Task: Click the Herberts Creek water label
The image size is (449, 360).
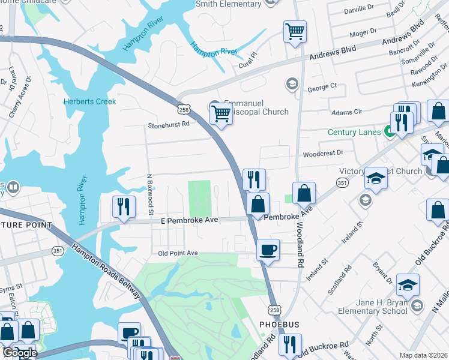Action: (x=90, y=101)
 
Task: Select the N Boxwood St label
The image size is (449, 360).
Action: (x=151, y=195)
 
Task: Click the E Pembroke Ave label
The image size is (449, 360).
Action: (x=189, y=220)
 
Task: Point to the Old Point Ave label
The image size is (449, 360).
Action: (x=178, y=253)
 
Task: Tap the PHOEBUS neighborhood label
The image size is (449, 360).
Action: (x=279, y=324)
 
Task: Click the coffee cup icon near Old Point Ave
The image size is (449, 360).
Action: (x=268, y=249)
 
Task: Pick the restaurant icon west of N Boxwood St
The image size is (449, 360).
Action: (x=124, y=207)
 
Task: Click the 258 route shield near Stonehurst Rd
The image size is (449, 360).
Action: (x=184, y=109)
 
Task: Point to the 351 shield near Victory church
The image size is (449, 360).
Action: (x=342, y=182)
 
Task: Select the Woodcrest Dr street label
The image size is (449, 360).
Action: (x=323, y=153)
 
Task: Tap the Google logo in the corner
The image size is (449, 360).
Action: (x=19, y=353)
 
